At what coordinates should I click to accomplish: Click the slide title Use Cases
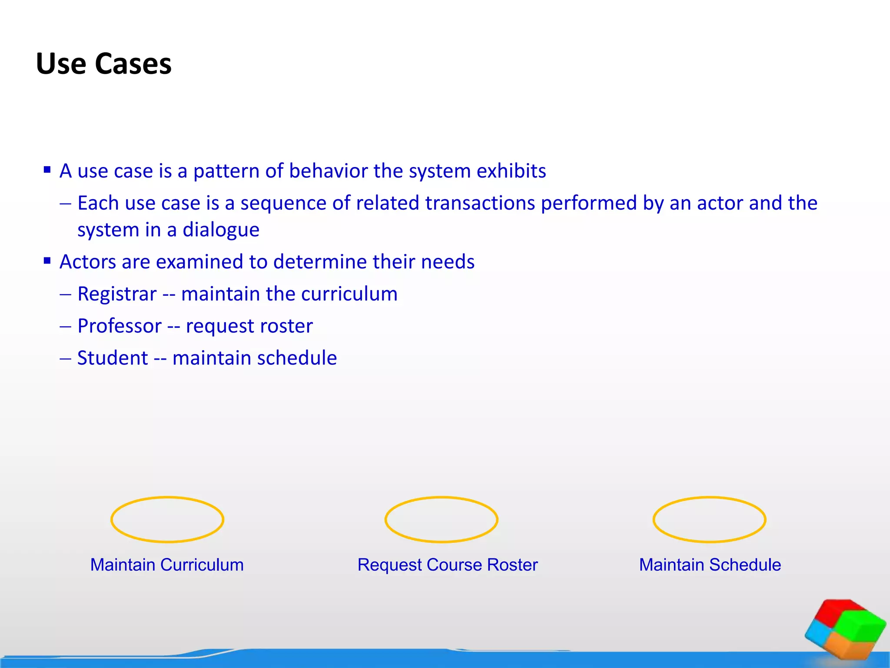103,63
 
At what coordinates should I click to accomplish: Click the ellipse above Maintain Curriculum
167,519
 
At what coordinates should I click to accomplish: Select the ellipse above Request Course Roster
441,519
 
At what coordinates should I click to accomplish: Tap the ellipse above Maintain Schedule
709,519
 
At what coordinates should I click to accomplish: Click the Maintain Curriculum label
167,564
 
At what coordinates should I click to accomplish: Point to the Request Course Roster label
448,564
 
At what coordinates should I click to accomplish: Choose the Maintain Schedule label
710,564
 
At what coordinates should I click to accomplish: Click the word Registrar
117,294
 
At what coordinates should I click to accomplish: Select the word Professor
120,326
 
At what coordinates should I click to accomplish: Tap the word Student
113,358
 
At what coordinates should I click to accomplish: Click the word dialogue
221,230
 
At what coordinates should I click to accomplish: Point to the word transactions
480,203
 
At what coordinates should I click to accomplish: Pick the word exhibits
511,171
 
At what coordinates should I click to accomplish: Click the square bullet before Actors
47,261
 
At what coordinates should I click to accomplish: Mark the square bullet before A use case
47,170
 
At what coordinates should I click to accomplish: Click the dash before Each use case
66,204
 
